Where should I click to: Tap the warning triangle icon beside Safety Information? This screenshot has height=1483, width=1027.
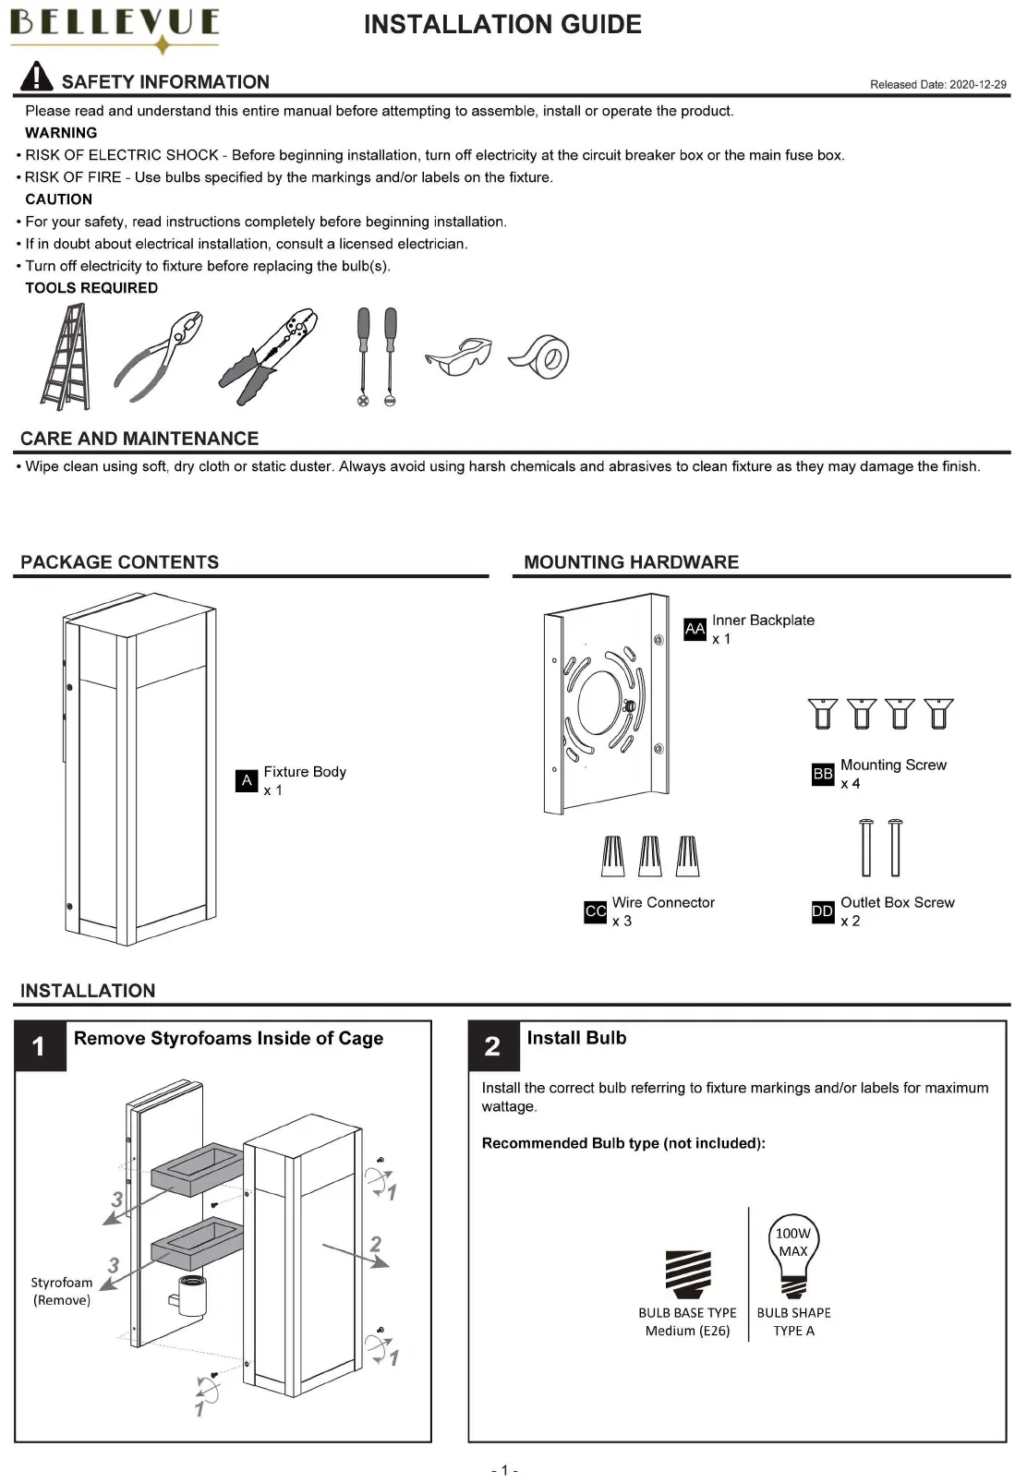click(x=36, y=77)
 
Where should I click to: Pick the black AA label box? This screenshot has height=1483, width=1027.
click(x=695, y=629)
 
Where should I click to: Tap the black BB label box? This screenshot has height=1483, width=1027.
click(x=823, y=774)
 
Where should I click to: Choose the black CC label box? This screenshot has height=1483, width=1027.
click(x=595, y=911)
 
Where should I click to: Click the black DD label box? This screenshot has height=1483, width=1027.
click(x=823, y=911)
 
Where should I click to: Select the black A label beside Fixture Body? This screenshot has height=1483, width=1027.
click(x=247, y=780)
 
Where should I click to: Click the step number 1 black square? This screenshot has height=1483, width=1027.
click(x=40, y=1046)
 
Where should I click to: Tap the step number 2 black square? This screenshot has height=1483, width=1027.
click(x=493, y=1046)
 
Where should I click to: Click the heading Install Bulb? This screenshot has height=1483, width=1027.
click(x=576, y=1038)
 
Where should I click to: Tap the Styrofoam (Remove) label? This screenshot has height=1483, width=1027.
click(x=62, y=1291)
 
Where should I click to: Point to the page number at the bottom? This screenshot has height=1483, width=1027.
click(x=504, y=1470)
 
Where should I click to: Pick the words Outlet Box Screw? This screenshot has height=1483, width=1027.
click(x=897, y=902)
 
